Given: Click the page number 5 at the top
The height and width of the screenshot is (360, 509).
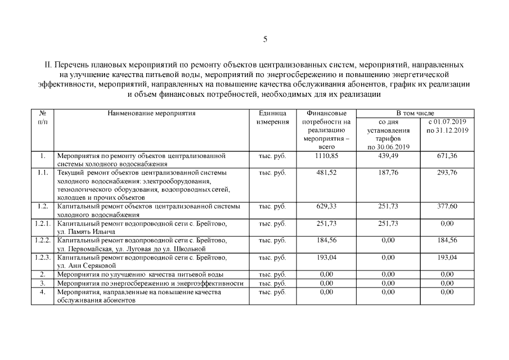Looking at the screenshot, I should coord(265,39).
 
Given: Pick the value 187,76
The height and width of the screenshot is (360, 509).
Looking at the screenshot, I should coord(388,173).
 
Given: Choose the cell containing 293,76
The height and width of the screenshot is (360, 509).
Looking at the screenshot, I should coord(447,173).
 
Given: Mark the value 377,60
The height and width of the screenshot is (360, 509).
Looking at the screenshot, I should coord(447,206).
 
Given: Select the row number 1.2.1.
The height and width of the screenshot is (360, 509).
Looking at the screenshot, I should coord(42,223).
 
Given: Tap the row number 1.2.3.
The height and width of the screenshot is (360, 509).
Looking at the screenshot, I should coord(42,257).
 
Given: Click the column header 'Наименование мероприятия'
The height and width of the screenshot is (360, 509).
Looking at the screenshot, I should coord(151,113).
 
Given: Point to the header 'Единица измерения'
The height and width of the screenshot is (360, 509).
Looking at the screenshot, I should coord(272,117).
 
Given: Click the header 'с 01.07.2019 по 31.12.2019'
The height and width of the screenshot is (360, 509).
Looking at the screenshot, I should coord(447,125).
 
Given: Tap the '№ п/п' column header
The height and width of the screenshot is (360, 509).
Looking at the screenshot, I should coord(42,117).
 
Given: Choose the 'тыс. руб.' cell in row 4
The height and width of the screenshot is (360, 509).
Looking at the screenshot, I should coord(272,292).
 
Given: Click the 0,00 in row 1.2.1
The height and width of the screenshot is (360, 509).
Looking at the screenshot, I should coord(447,223).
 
